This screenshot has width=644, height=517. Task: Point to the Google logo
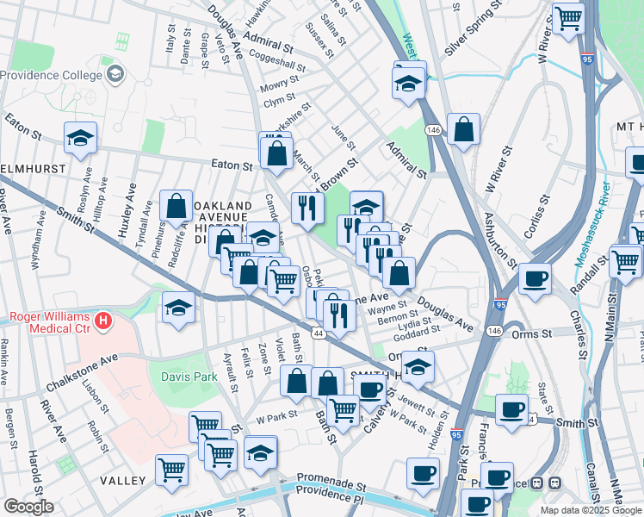[28, 508]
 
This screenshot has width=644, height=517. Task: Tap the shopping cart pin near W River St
[568, 17]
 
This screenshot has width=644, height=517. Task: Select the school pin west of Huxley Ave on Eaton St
[80, 136]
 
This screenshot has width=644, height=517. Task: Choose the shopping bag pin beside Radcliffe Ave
[176, 205]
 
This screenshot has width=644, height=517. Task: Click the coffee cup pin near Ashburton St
[536, 278]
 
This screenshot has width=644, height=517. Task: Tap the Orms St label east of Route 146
[533, 333]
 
